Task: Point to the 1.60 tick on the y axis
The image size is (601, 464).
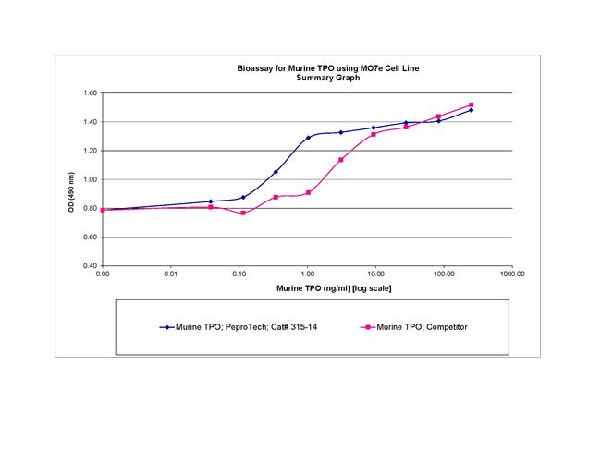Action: [x=90, y=93]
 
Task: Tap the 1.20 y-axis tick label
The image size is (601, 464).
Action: [x=90, y=151]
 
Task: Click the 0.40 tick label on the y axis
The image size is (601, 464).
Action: [x=90, y=265]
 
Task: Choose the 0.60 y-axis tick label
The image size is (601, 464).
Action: [x=90, y=237]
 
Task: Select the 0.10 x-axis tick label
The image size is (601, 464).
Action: [x=239, y=275]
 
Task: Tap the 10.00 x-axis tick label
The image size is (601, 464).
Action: [x=375, y=275]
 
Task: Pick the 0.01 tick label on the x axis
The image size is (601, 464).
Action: [x=170, y=275]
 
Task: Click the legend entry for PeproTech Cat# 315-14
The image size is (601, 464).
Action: [x=235, y=327]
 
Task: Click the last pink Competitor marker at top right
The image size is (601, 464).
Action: [x=471, y=105]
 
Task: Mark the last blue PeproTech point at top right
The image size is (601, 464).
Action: [x=471, y=110]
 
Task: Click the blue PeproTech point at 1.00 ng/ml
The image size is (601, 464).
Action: [x=308, y=138]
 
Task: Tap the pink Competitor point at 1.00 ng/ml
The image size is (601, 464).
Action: [x=308, y=192]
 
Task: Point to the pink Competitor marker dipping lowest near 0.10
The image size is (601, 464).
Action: [x=243, y=213]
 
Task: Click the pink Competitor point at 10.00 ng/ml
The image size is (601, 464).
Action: [x=374, y=134]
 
